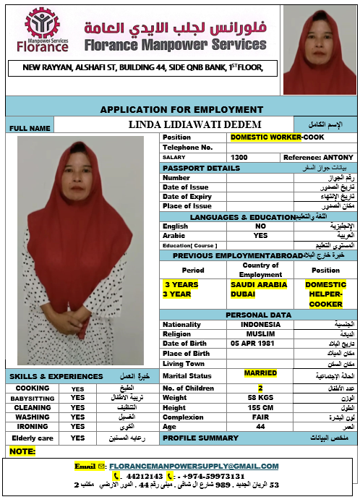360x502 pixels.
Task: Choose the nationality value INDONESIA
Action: (x=260, y=325)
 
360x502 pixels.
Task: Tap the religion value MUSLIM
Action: (x=260, y=334)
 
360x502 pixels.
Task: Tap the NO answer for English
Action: (x=260, y=226)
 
